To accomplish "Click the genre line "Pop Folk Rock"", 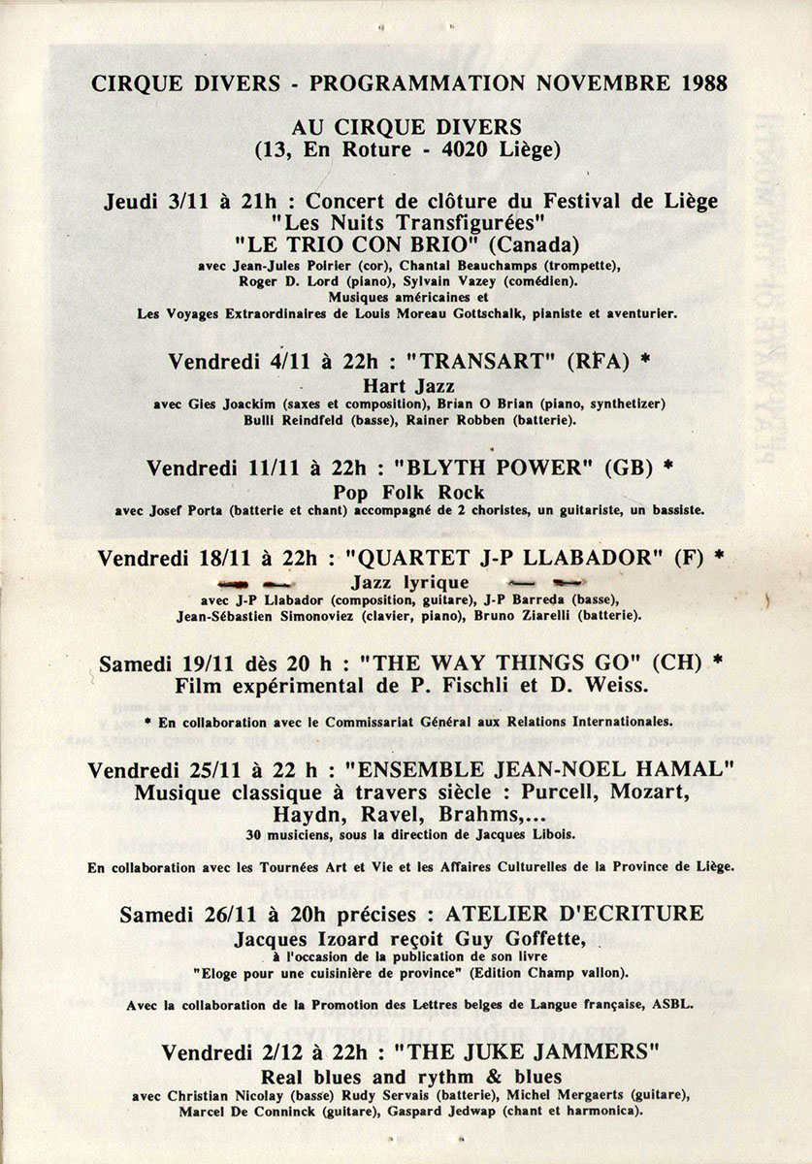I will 406,492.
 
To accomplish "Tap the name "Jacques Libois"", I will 518,835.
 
